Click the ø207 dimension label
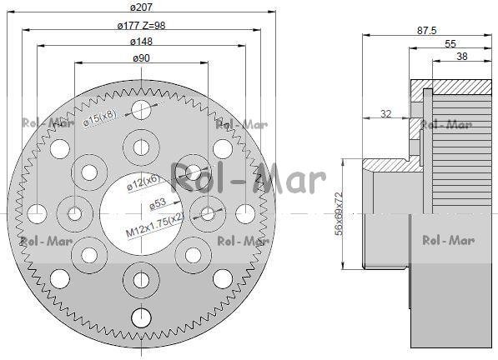141,7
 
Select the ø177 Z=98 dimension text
141,25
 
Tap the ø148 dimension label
141,41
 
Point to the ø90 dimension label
141,58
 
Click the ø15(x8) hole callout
100,118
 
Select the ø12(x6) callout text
143,183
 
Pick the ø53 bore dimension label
158,203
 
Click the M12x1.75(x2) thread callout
155,224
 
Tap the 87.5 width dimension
427,31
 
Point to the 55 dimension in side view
450,43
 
